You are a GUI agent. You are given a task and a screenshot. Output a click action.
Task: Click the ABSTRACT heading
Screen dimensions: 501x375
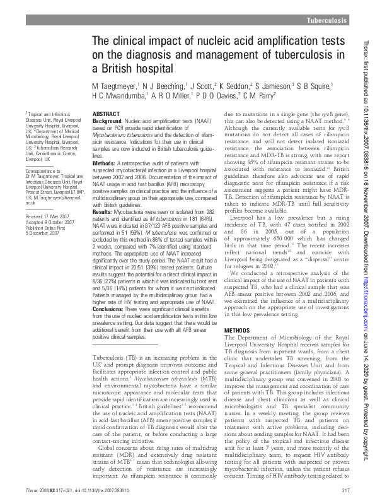pos(106,113)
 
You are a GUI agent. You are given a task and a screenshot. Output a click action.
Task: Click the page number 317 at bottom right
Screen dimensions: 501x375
pos(345,490)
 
